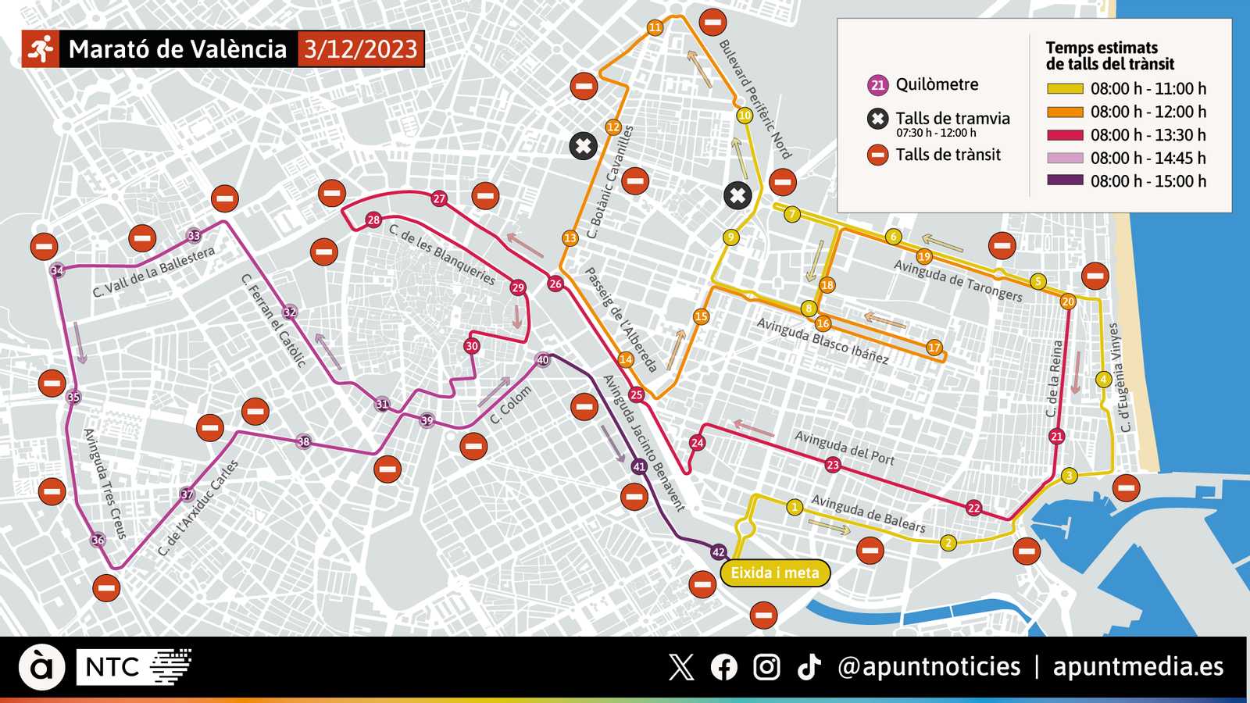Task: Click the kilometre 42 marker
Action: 719,552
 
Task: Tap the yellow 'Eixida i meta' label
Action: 775,573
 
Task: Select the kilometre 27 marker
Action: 439,198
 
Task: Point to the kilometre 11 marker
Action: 655,27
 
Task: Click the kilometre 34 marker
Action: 57,271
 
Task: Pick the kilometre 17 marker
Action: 934,348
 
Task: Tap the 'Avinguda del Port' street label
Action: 845,448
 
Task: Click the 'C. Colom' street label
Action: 511,405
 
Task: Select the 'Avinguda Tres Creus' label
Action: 105,484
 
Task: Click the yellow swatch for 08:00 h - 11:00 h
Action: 1065,89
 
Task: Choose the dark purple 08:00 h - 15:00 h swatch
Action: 1065,180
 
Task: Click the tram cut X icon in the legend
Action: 878,119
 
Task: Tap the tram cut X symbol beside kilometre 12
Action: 583,146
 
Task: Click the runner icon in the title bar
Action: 40,49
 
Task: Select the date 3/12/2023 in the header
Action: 361,49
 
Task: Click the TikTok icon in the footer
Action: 809,667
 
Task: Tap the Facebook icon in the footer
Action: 724,667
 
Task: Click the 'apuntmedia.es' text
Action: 1138,666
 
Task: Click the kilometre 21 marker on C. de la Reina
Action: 1057,437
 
